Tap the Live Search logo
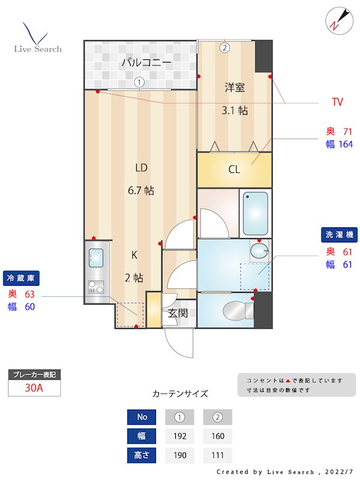coord(37,38)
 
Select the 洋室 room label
coord(235,88)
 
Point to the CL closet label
coord(234,170)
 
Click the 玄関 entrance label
coord(178,313)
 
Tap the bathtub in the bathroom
coord(255,214)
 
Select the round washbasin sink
coord(259,250)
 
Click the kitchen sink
coord(96,258)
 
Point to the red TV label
coord(337,102)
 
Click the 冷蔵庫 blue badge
coord(23,278)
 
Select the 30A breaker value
coord(34,388)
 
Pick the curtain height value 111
coord(217,455)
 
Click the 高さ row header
coord(142,455)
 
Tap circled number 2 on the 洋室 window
coord(224,47)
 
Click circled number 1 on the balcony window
coord(139,82)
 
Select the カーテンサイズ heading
coord(180,394)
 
